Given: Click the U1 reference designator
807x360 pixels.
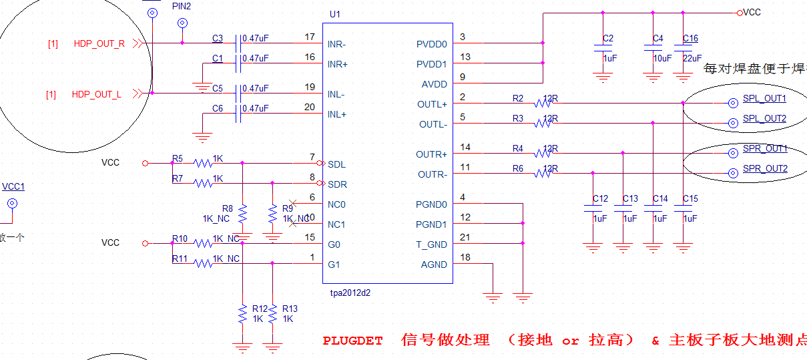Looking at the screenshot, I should (335, 14).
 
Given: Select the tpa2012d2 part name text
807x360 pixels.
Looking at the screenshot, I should (350, 293).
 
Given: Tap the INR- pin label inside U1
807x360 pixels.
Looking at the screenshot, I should (336, 44).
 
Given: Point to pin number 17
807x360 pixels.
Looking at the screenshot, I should (309, 37).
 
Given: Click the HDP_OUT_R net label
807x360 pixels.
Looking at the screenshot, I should (99, 44).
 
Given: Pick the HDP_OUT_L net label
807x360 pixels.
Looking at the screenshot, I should (96, 95).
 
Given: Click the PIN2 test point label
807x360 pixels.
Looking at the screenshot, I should (182, 5).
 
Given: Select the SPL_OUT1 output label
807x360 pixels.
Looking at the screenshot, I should (765, 99).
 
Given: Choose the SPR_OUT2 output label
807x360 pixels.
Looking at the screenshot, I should (765, 169).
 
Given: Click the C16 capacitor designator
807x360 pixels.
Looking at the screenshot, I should (690, 38).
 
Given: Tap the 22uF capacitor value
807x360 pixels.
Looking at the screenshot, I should (692, 58).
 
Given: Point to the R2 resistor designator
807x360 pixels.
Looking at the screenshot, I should (518, 98).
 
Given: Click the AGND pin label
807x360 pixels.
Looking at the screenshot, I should (434, 264).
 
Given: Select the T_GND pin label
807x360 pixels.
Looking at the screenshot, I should (431, 244).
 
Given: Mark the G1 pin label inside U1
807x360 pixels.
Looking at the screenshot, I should (334, 264).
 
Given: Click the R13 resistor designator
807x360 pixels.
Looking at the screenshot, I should (290, 309).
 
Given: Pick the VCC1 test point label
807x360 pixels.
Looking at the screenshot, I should (13, 187).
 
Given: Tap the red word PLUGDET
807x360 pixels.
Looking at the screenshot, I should (352, 341).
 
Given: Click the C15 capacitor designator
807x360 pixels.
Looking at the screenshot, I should (690, 198).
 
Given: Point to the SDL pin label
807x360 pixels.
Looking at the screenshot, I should (336, 164).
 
